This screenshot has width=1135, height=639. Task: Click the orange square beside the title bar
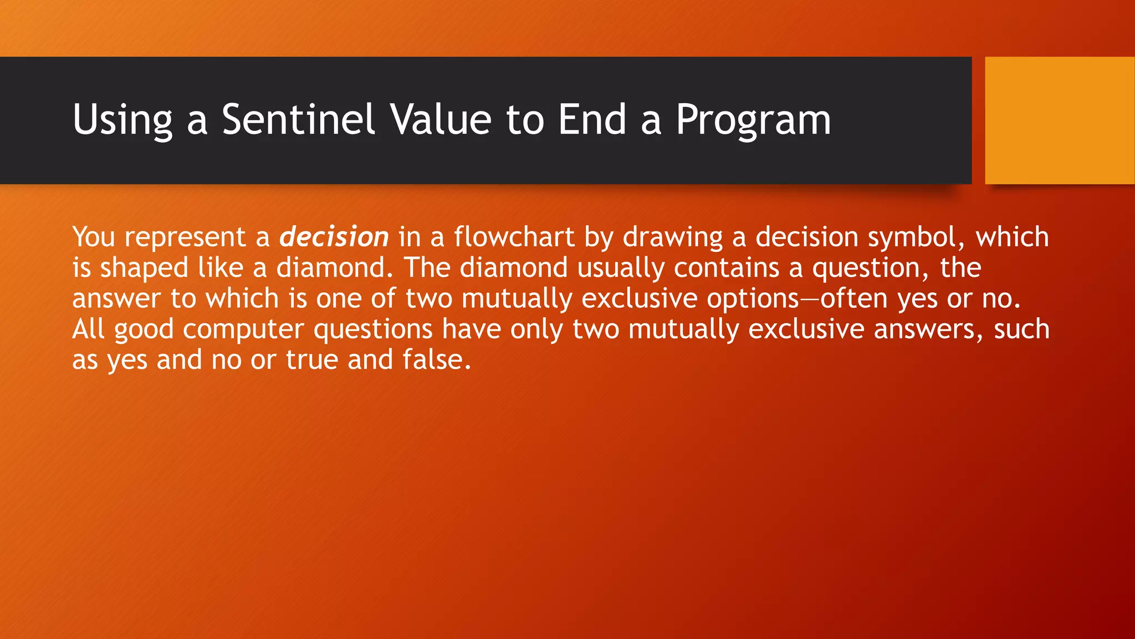[1059, 120]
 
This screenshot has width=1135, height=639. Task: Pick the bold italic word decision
[334, 237]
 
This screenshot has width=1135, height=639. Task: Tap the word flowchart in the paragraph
[514, 237]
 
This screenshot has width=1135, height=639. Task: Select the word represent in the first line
[185, 237]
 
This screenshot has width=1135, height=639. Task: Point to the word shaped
[144, 268]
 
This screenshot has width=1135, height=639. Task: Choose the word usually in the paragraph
[620, 268]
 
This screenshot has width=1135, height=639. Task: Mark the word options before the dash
[752, 299]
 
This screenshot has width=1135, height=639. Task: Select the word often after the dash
[854, 299]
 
